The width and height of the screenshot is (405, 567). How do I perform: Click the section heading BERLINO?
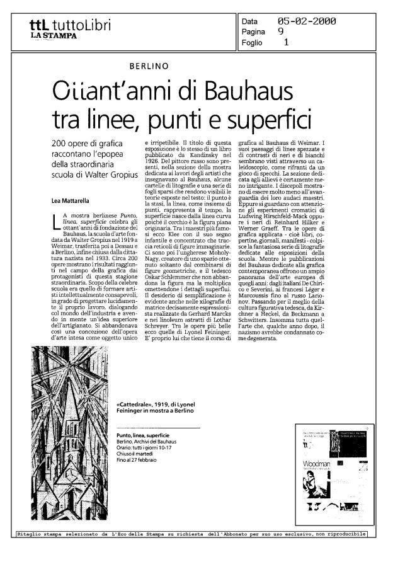click(149, 66)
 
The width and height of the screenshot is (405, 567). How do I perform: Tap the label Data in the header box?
click(250, 21)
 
